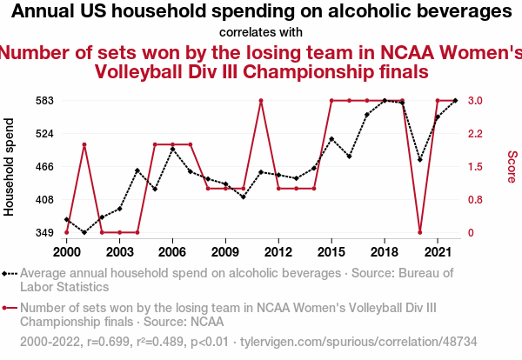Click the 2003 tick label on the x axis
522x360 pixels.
119,251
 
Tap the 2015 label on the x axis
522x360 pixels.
331,251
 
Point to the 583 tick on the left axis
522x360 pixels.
45,101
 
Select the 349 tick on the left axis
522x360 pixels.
45,233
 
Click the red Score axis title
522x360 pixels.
512,166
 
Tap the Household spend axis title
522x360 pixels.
10,170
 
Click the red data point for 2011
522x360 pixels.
261,101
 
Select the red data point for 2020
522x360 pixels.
420,232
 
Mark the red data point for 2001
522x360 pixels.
84,144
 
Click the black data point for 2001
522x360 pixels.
84,232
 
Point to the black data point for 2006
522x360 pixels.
172,149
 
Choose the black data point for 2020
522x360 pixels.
420,160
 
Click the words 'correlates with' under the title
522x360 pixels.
261,32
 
